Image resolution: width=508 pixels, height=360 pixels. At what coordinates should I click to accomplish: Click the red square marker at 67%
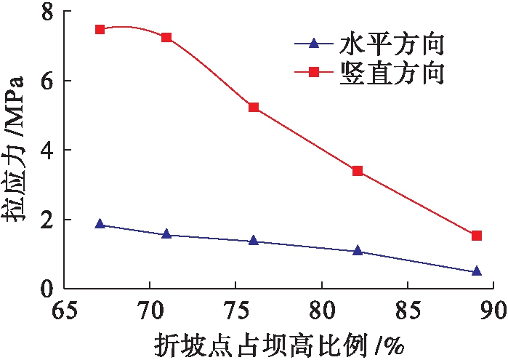point(100,29)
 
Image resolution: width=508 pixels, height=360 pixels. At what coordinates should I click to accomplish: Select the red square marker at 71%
point(166,37)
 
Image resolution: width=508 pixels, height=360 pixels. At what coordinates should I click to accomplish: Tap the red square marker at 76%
point(254,107)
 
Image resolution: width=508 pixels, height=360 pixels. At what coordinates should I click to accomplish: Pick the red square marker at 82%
point(358,171)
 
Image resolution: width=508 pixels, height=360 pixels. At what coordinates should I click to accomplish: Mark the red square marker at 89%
point(477,235)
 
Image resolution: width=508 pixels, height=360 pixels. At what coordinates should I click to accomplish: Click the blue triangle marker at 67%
point(100,225)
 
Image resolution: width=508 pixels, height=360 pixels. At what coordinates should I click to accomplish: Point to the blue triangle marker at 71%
point(166,234)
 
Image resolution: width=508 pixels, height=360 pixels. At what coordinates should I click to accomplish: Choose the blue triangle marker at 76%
point(254,240)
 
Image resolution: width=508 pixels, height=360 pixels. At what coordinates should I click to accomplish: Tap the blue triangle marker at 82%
point(358,251)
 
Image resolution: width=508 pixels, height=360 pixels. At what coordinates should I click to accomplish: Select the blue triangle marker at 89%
point(477,271)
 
